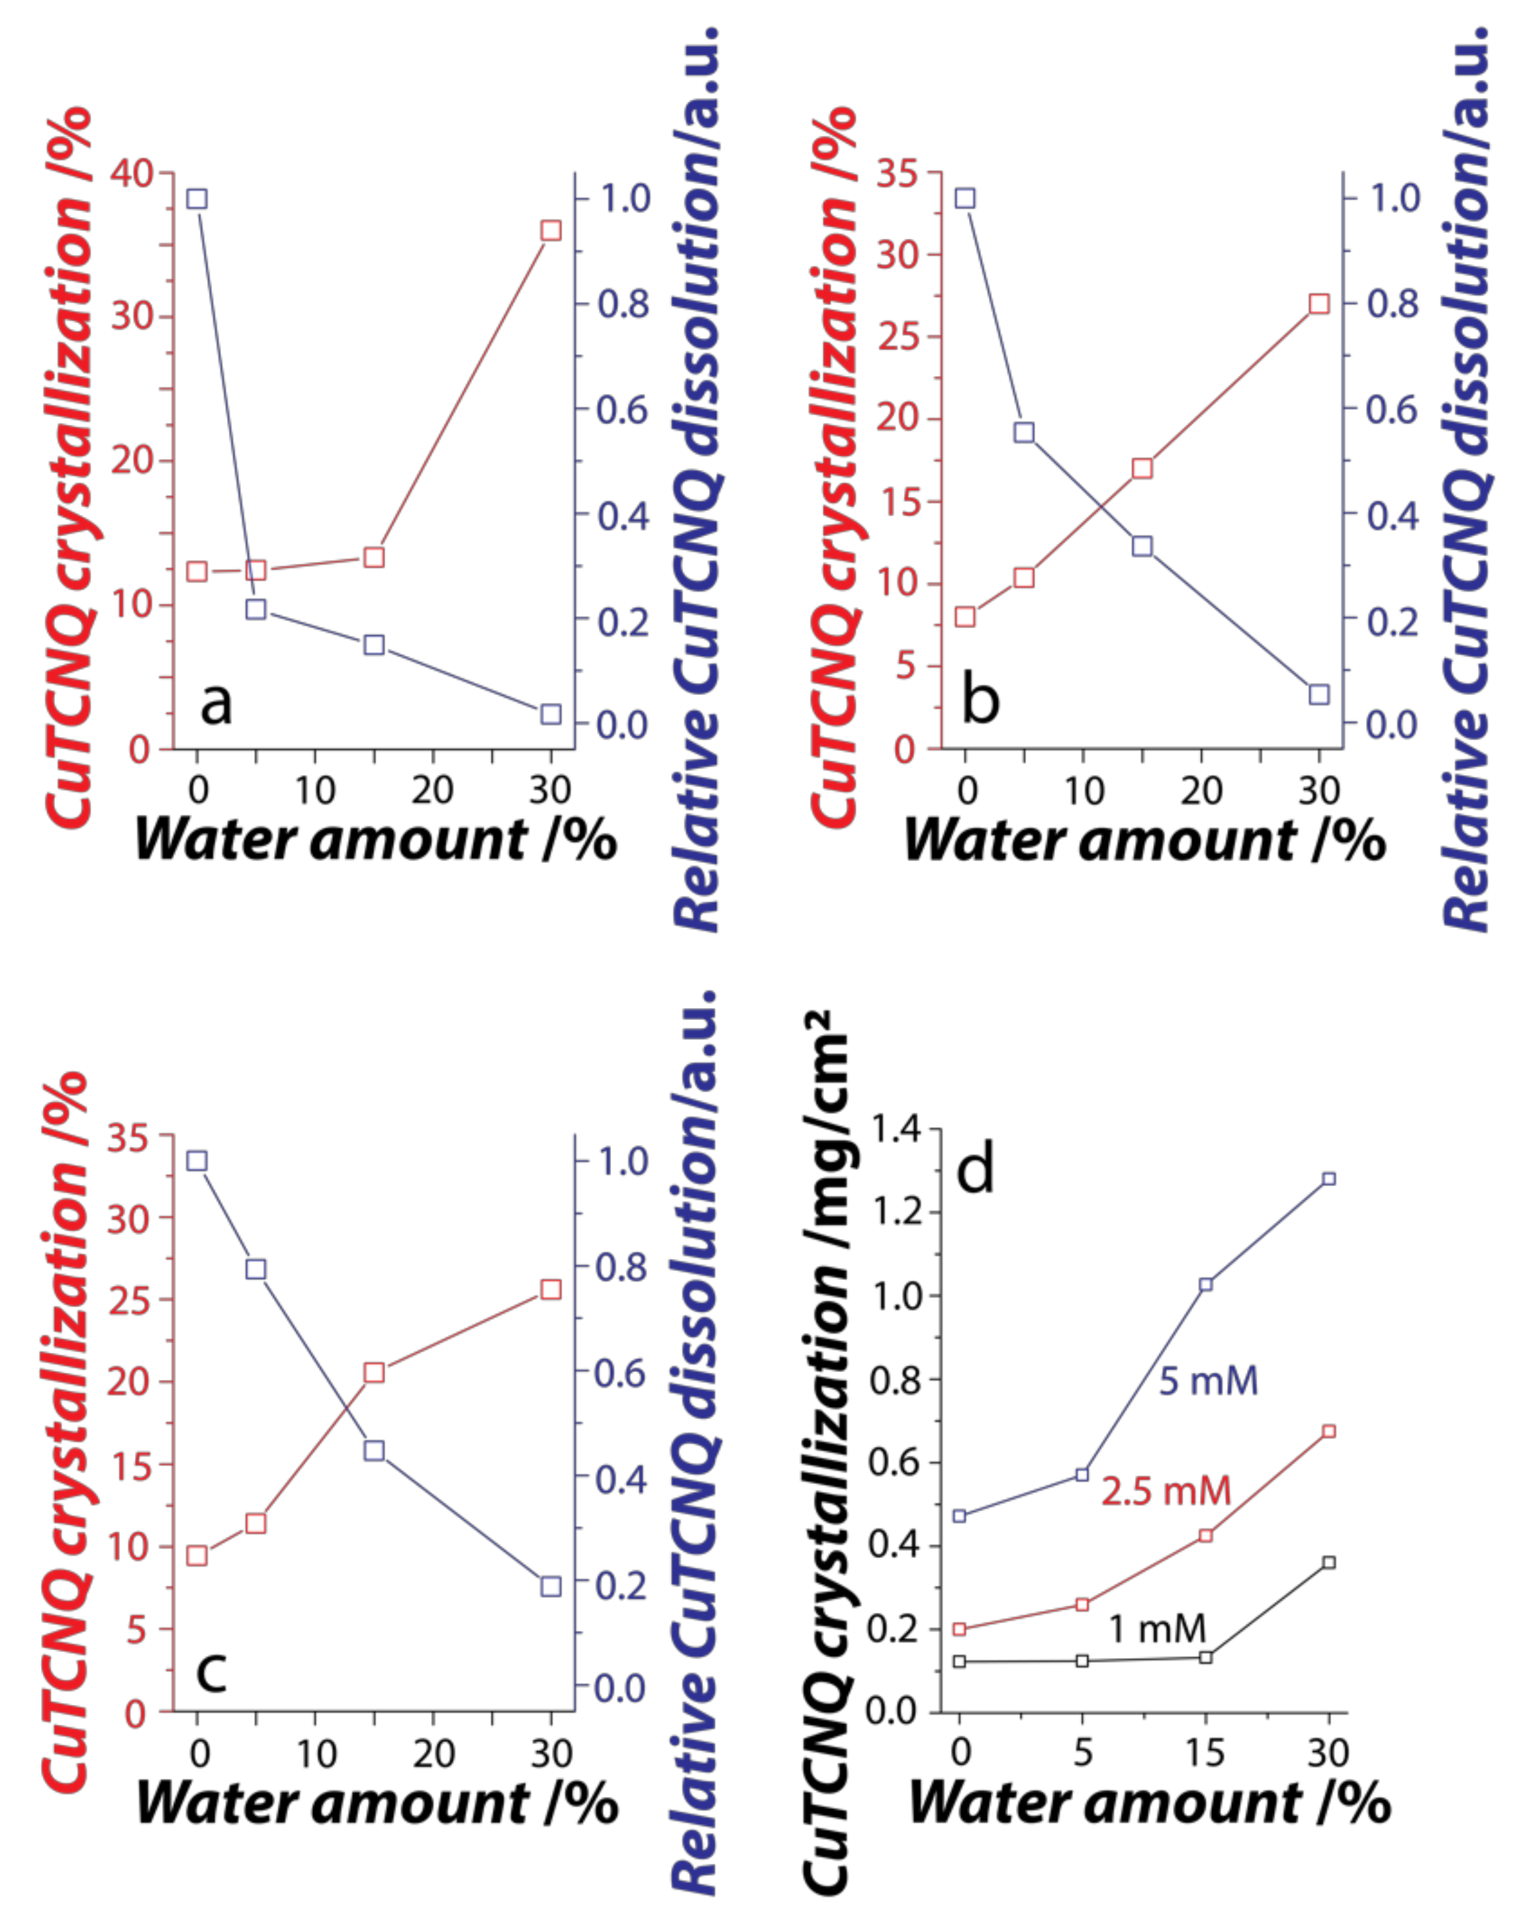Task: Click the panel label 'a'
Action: click(215, 702)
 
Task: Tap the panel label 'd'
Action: click(975, 1170)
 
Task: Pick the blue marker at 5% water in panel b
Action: click(1024, 432)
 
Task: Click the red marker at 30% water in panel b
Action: click(1318, 304)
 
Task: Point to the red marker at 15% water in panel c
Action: click(374, 1372)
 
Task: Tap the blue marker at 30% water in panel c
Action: click(551, 1586)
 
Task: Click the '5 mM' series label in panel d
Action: click(1208, 1381)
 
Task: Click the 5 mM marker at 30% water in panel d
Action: click(1328, 1179)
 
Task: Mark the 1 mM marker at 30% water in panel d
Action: click(1328, 1562)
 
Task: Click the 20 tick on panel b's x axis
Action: click(1201, 790)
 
